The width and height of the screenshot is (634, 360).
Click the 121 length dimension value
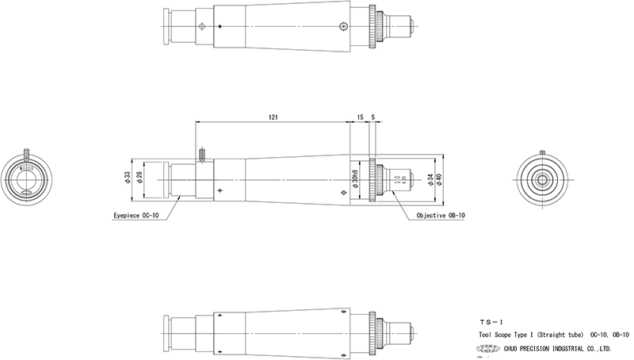coord(273,117)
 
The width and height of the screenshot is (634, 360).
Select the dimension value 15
coord(361,117)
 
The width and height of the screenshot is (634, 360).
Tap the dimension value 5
coord(373,117)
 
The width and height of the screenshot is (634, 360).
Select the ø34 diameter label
coord(430,180)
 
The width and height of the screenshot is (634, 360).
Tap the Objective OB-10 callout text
coord(441,215)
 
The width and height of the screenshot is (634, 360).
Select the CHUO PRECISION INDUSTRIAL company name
coord(560,347)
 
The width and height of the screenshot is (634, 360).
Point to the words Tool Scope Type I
coord(512,335)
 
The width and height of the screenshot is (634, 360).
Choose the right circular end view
coord(542,179)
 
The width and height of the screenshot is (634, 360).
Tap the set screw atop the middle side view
coord(203,153)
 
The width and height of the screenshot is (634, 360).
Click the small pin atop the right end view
coord(542,153)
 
